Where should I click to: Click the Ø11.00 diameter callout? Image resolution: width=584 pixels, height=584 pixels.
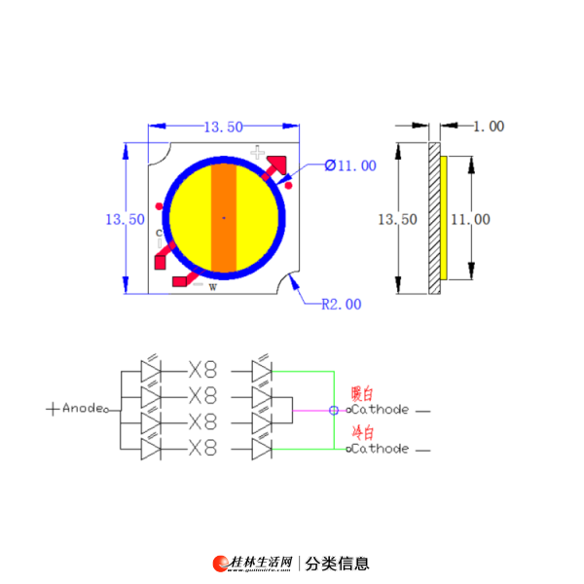pos(350,165)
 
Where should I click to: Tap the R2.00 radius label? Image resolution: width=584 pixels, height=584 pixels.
pos(342,305)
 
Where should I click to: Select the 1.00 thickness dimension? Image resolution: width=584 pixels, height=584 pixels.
pos(489,127)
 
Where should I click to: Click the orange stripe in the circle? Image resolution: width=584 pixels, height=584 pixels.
pos(224,218)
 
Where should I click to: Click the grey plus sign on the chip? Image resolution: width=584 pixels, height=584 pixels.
pos(257,152)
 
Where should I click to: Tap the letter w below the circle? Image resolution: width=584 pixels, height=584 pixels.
pos(212,287)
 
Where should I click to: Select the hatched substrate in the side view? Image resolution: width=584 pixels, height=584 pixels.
pos(434,218)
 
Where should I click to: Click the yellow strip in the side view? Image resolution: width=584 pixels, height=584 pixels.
pos(444,218)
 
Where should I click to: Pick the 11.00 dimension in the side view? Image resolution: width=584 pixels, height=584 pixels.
pos(470,219)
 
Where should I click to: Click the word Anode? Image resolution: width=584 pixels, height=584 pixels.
pos(83,408)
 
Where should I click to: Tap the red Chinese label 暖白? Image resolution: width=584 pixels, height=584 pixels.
pos(362,393)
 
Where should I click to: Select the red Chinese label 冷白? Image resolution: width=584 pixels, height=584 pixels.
pos(363,432)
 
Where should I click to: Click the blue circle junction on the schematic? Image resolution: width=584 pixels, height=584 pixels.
pos(334,411)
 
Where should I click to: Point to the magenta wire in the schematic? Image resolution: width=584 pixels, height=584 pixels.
pos(311,411)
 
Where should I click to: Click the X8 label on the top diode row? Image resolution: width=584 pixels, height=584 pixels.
pos(202,370)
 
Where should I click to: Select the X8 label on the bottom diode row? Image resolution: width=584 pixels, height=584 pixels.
pos(202,448)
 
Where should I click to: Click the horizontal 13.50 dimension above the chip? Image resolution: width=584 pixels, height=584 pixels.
pos(224,127)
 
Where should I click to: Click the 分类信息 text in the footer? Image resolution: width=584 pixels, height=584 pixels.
pos(337,564)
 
